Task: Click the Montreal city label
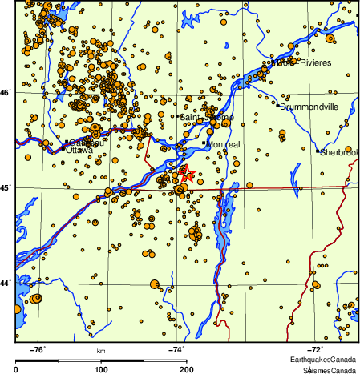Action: coord(224,144)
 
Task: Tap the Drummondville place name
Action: coord(309,107)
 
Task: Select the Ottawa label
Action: coord(79,150)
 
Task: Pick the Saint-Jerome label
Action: coord(206,118)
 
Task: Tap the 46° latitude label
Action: coord(6,94)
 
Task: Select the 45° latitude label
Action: coord(6,188)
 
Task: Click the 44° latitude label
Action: coord(6,283)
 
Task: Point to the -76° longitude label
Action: coord(38,349)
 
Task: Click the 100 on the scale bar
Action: coord(102,369)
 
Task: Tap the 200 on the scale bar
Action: coord(186,369)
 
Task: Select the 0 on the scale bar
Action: coord(18,369)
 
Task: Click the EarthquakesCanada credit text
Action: coord(324,360)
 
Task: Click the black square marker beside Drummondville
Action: coord(278,106)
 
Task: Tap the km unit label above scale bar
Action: coord(101,351)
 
